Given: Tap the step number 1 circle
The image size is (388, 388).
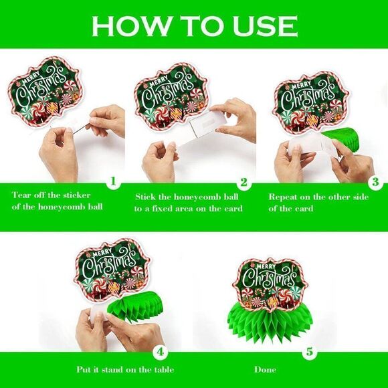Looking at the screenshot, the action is click(x=113, y=182).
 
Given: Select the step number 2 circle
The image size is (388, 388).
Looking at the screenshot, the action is click(x=244, y=183).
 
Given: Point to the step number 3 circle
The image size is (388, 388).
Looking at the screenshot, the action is click(x=375, y=183).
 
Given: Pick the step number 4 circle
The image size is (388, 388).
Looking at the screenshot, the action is click(x=161, y=352).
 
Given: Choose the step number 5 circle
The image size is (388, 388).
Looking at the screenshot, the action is click(x=310, y=352).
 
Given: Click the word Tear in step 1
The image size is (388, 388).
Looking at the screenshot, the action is click(x=21, y=195).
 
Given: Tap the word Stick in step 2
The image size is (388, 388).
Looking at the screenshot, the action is click(x=145, y=197).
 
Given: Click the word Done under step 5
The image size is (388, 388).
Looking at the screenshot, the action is click(x=265, y=370).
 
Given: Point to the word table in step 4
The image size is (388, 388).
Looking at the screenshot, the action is click(x=164, y=370).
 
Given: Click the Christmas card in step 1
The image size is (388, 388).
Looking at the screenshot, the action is click(x=45, y=91).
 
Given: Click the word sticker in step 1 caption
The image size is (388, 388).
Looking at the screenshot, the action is click(x=77, y=195).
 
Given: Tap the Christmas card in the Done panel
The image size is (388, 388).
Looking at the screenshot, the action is click(x=270, y=284).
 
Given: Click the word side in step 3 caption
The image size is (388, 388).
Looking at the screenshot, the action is click(x=361, y=197).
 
